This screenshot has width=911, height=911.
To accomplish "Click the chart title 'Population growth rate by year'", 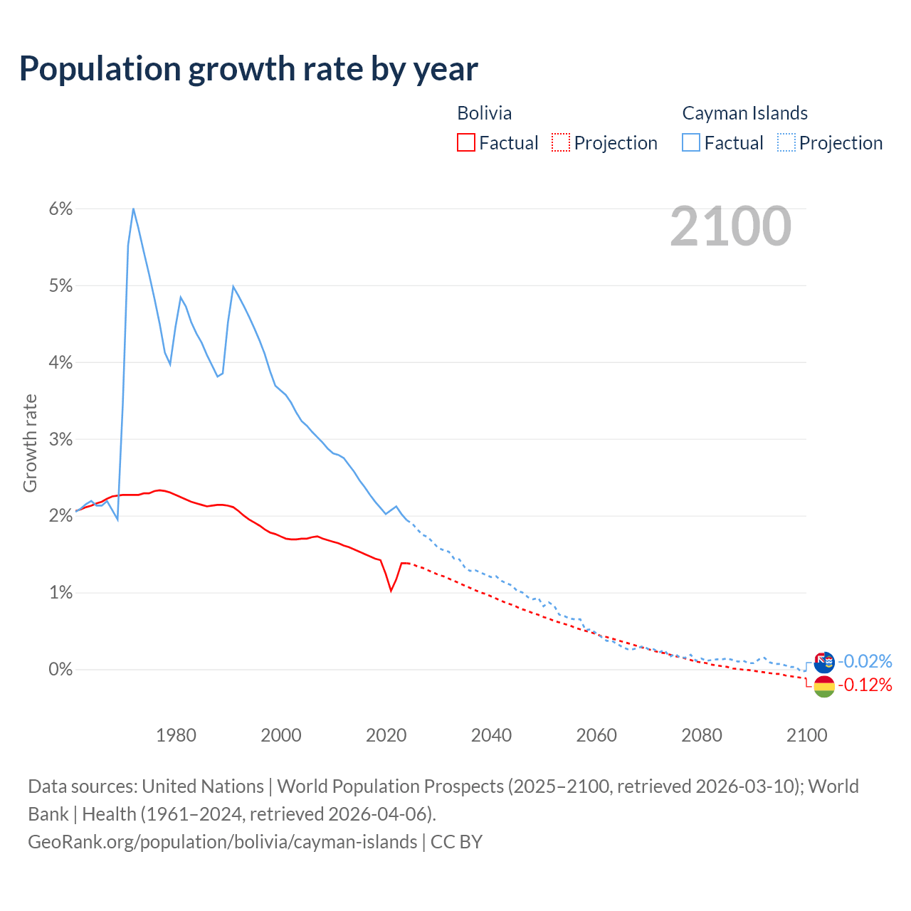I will pos(248,69).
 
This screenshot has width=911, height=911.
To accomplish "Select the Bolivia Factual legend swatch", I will pos(465,142).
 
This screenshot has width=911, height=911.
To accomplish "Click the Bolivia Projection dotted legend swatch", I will pos(561,142).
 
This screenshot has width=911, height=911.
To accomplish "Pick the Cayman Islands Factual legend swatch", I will pos(690,142).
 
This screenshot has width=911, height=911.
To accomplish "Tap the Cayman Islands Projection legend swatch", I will pos(786,142).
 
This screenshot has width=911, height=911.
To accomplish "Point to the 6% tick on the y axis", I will pos(60,209).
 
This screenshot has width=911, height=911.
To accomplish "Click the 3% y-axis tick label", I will pos(60,439).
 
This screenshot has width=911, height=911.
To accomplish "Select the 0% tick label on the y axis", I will pos(60,670).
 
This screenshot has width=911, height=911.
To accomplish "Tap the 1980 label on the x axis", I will pos(176,735).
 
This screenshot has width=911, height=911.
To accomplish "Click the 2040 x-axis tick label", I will pos(491,735).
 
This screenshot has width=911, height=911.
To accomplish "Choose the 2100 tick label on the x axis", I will pos(806,735).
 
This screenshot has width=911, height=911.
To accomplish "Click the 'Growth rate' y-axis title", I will pos(30,443).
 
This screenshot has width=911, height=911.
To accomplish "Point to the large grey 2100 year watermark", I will pos(730,226).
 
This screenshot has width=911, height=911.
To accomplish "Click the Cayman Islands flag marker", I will pos(824,663).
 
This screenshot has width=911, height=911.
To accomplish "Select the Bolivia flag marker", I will pos(824,687).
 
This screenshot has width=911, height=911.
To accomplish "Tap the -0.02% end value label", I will pos(865,661).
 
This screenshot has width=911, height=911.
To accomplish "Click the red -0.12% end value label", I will pos(865,685).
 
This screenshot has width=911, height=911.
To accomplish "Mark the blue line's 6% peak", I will pos(133,209).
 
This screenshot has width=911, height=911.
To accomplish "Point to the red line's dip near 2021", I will pos(391,590).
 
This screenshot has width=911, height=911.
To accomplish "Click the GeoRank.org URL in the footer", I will pos(222,842).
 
